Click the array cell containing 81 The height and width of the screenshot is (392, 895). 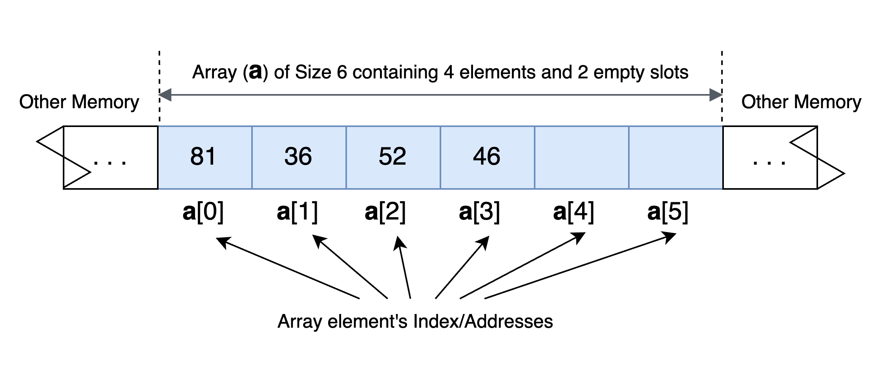tap(205, 157)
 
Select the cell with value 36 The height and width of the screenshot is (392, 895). tap(299, 157)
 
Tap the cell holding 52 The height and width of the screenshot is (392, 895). tap(393, 157)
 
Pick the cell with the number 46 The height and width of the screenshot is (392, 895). tap(487, 157)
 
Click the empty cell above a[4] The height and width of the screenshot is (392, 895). tap(581, 157)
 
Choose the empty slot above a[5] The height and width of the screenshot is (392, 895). tap(676, 157)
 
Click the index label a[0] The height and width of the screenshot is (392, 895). tap(203, 212)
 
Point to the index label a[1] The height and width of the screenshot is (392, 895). tap(297, 212)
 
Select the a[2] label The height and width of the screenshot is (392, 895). tap(385, 212)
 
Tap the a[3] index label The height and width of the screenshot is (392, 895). tap(479, 212)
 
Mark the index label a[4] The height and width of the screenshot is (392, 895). tap(574, 212)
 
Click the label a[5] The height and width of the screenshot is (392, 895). tap(668, 212)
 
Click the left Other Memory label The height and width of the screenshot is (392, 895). tap(79, 102)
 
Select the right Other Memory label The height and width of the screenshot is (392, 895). tap(801, 102)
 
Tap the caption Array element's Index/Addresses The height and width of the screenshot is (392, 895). tap(415, 321)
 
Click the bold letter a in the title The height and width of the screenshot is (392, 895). tap(256, 72)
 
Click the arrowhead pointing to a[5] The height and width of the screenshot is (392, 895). tap(670, 237)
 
